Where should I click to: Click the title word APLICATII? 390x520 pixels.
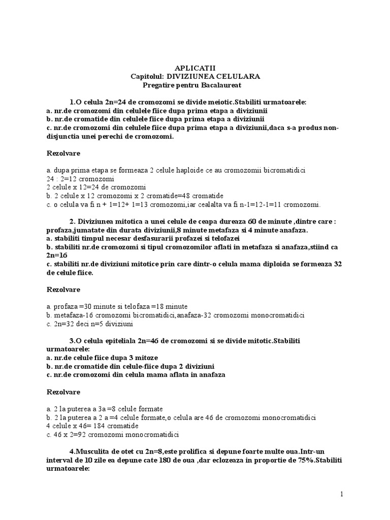click(195, 67)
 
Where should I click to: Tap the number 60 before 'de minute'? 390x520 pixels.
click(238, 221)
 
